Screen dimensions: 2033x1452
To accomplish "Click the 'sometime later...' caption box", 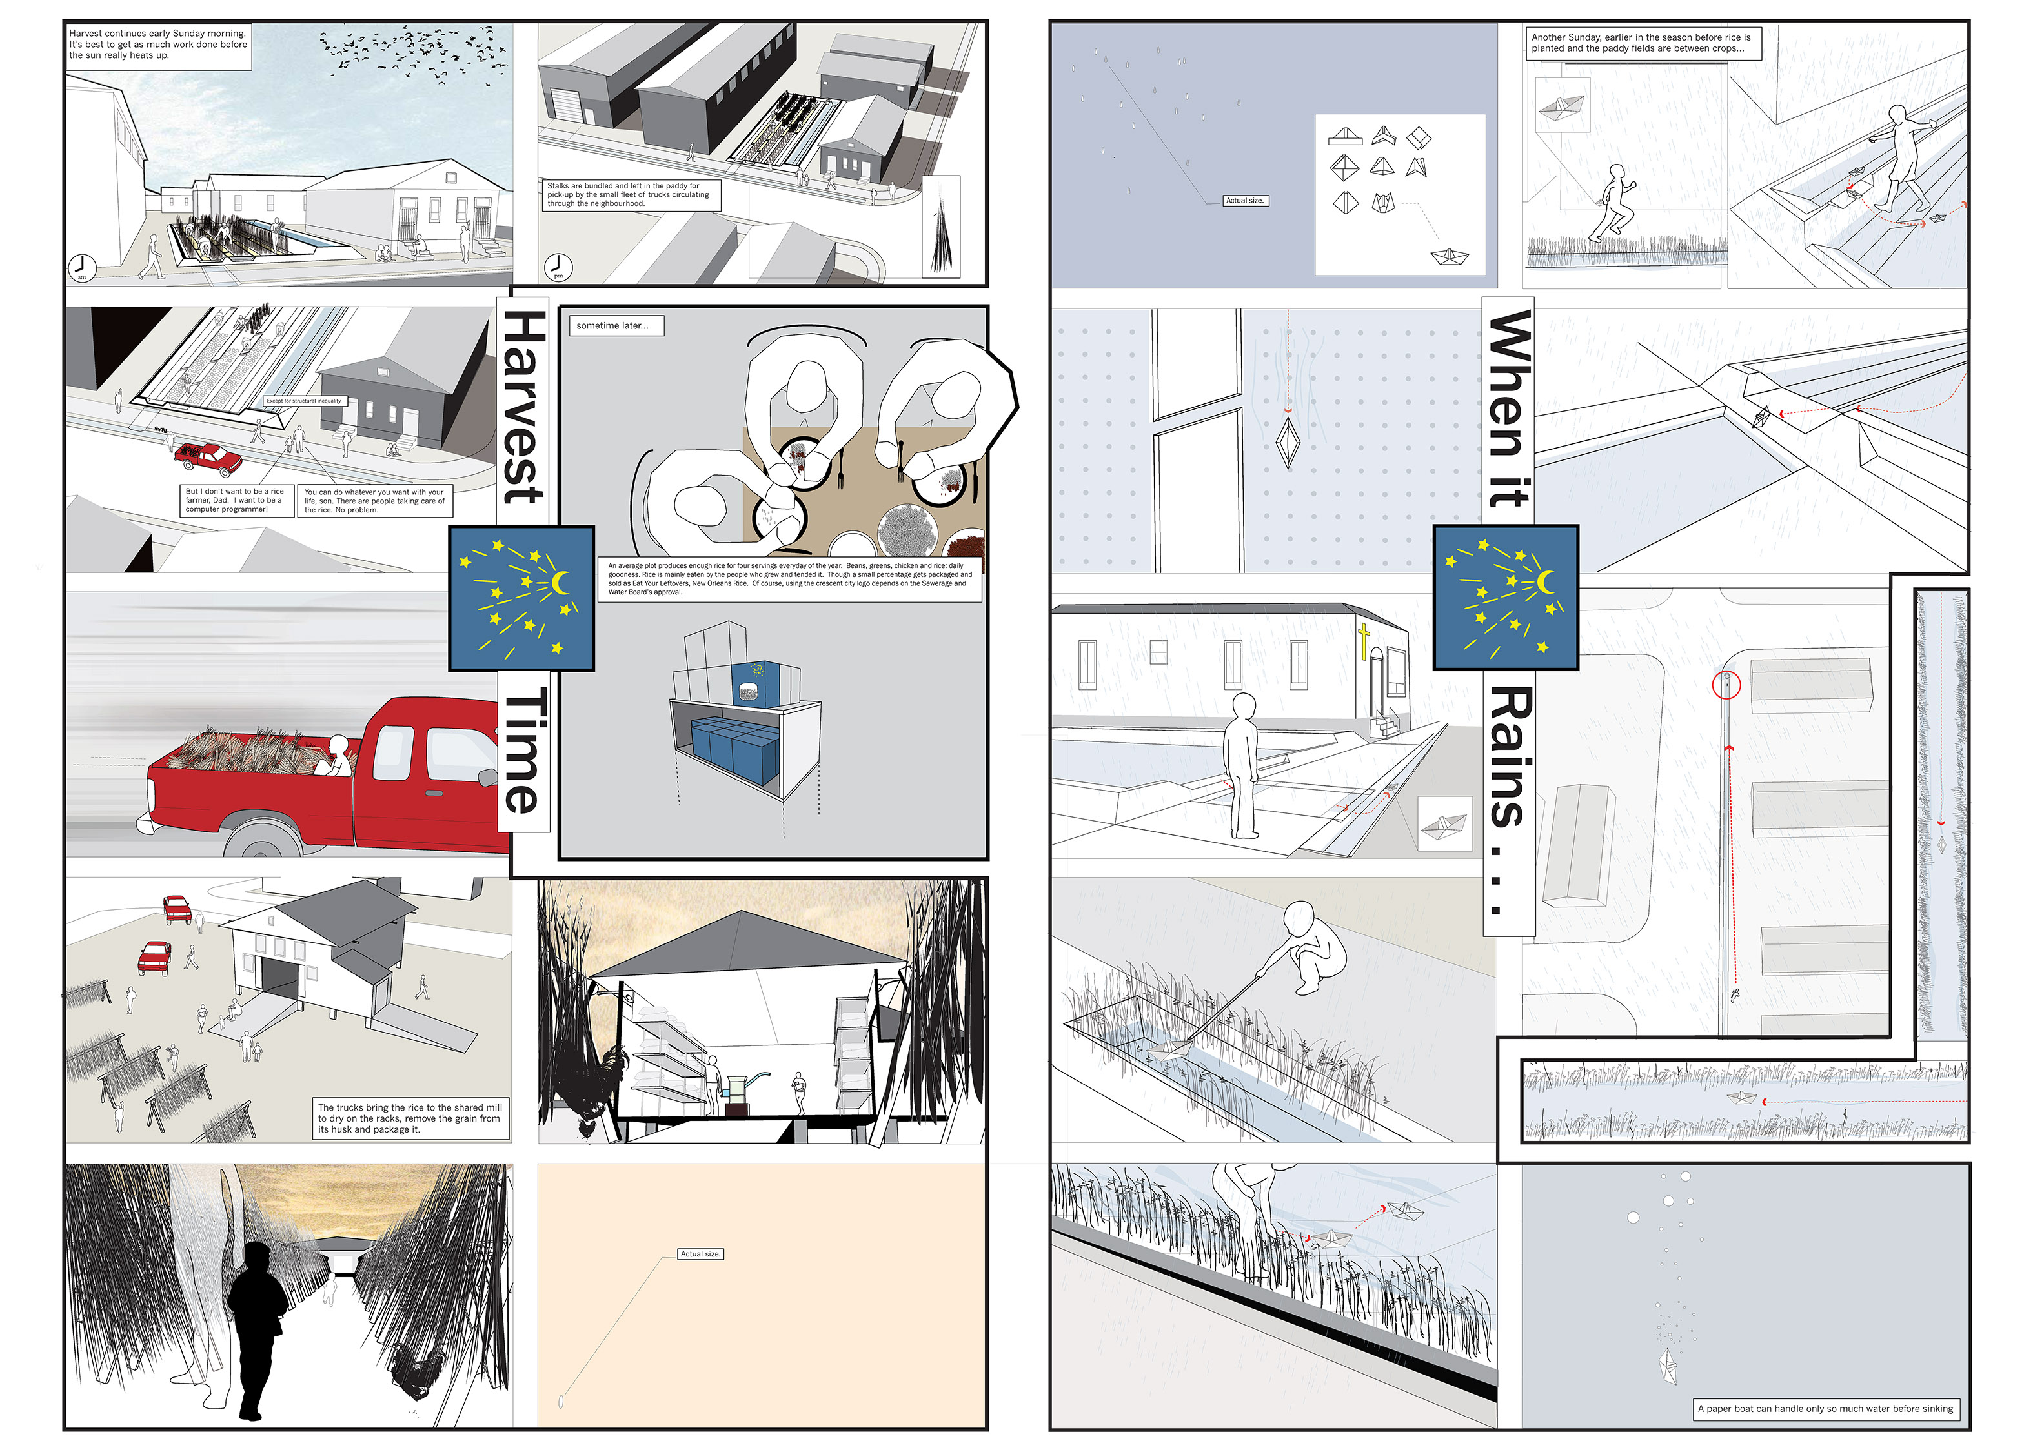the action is click(615, 325).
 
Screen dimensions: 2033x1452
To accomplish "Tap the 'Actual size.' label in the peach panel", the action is click(700, 1253).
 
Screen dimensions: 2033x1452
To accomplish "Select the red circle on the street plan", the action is click(1726, 685).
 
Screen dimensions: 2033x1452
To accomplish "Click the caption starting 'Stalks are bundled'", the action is click(631, 194).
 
